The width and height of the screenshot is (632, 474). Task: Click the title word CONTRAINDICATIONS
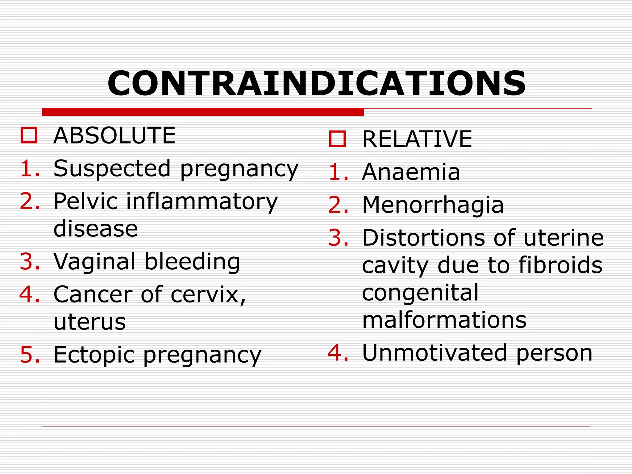pos(316,84)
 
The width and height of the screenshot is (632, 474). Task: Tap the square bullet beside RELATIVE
pos(337,139)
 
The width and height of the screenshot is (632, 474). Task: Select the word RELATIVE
pos(417,139)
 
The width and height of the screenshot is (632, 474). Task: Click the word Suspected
pos(112,169)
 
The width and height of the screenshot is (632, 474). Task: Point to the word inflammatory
pos(202,202)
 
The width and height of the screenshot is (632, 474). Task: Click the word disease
pos(96,229)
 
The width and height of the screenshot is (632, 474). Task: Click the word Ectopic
pos(94,355)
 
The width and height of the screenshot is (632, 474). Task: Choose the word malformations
pos(444,320)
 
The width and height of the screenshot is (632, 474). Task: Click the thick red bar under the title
pos(203,112)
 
